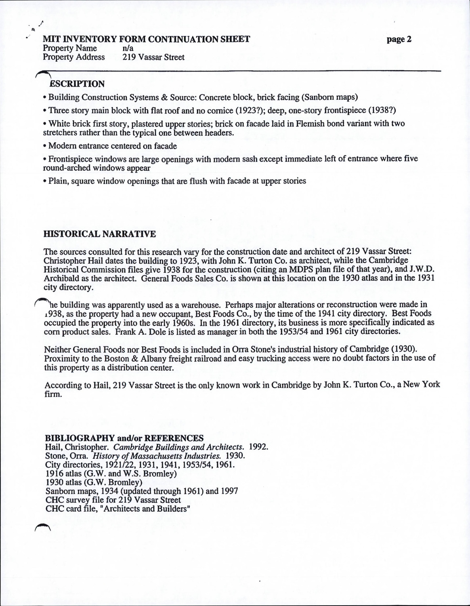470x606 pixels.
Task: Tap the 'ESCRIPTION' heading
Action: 77,84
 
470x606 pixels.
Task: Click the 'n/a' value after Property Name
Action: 128,48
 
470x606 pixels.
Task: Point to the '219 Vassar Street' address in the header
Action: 153,57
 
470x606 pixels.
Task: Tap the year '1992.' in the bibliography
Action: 259,447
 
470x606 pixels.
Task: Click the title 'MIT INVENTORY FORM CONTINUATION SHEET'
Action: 146,39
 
